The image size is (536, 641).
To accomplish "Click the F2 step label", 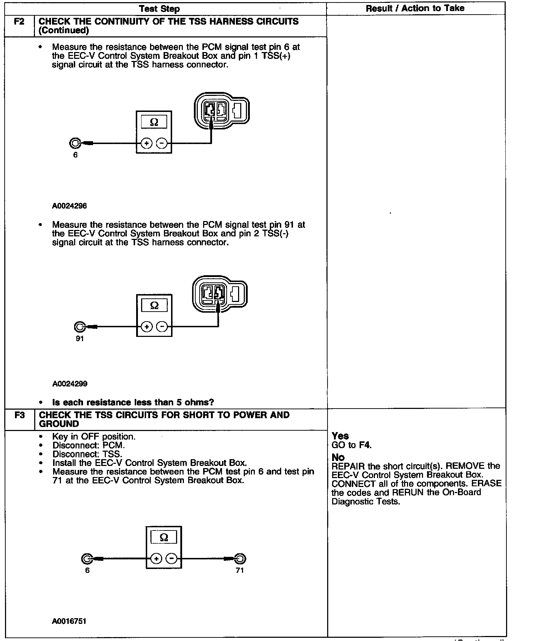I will click(x=19, y=21).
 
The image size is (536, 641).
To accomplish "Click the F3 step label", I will click(x=20, y=415).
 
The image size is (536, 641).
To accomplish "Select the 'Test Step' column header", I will click(x=159, y=9).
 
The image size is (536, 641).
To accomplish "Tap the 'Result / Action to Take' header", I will click(x=415, y=8).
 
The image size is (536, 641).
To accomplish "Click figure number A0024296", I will click(x=69, y=206).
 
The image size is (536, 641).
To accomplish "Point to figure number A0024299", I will click(x=70, y=384).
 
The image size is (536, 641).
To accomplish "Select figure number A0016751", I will click(x=69, y=621).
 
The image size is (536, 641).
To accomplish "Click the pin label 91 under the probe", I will click(x=79, y=339).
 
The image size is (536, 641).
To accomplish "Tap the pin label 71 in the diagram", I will click(x=240, y=570).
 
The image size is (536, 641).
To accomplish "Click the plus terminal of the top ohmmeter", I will click(x=146, y=143).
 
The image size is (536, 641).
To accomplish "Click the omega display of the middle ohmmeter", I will click(x=154, y=305).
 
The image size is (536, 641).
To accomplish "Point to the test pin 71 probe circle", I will click(x=241, y=559).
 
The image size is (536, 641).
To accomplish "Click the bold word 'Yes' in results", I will click(x=340, y=436).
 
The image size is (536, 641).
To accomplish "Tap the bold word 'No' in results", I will click(x=338, y=457).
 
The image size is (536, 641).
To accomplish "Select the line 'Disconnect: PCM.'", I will click(x=89, y=446).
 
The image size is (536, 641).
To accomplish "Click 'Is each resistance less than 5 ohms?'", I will click(x=133, y=402).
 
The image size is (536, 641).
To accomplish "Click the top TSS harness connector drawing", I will click(x=221, y=111).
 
